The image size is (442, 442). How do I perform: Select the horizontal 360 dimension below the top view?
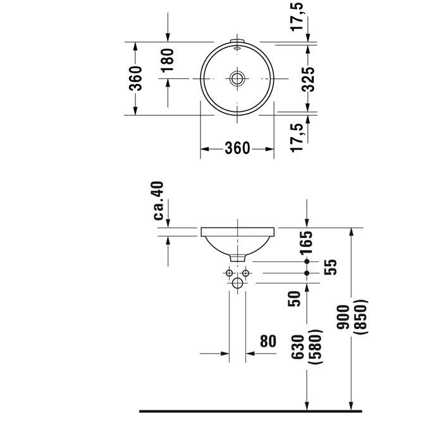pyautogui.click(x=237, y=149)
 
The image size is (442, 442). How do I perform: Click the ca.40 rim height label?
pyautogui.click(x=159, y=201)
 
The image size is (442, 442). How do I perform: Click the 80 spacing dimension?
pyautogui.click(x=268, y=342)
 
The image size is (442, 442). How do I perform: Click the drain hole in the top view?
pyautogui.click(x=238, y=79)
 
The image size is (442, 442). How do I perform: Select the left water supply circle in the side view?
pyautogui.click(x=230, y=273)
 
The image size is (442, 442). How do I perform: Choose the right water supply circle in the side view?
pyautogui.click(x=246, y=273)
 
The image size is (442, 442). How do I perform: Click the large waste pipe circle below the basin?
pyautogui.click(x=238, y=283)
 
